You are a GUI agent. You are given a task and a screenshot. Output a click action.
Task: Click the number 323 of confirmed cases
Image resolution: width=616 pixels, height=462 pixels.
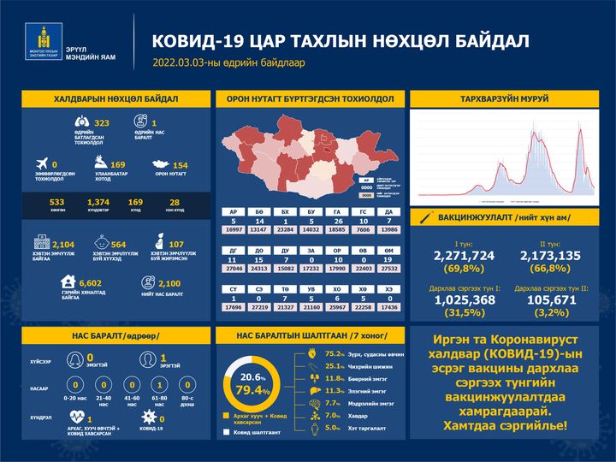tap(103, 123)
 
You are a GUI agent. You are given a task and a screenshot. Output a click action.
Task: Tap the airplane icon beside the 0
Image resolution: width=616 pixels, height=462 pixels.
tap(39, 163)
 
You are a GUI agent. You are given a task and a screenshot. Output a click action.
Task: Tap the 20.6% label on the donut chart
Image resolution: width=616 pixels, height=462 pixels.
tap(249, 376)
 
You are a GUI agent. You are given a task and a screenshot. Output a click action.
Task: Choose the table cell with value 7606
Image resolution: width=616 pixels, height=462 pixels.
tap(364, 229)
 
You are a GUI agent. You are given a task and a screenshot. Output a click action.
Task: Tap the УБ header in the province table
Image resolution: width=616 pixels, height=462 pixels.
tap(313, 289)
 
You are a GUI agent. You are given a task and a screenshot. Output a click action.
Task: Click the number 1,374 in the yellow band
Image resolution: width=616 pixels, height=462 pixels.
tap(99, 202)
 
